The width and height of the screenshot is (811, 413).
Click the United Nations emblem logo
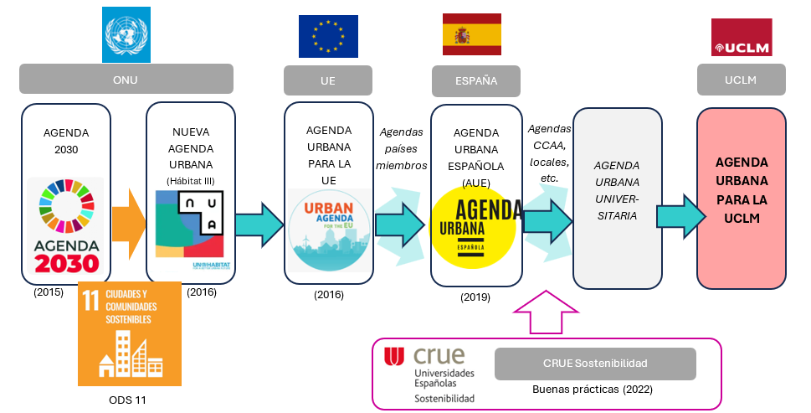[x=126, y=34]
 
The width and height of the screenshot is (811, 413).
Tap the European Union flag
[x=328, y=36]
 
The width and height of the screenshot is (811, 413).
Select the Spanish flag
[x=472, y=34]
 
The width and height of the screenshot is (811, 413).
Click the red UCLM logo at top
[x=741, y=38]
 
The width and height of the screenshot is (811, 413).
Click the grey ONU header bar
[x=126, y=80]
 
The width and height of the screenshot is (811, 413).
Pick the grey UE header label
[x=327, y=81]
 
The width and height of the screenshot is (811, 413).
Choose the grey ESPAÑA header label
[x=475, y=81]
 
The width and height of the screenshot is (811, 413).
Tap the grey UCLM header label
[x=740, y=80]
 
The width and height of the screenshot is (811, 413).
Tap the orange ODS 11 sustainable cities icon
[x=129, y=333]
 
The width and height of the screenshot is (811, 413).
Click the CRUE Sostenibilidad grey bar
[x=595, y=363]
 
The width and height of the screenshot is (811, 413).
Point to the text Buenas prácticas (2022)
[x=593, y=390]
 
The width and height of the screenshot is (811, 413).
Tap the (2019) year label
[x=476, y=297]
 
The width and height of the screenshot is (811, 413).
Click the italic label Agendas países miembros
[x=401, y=148]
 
